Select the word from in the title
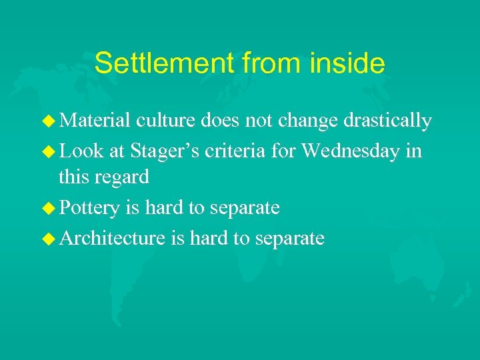click(x=275, y=63)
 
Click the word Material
click(x=95, y=121)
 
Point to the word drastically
click(x=388, y=121)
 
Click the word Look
click(x=81, y=150)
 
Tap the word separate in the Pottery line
click(x=245, y=208)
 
